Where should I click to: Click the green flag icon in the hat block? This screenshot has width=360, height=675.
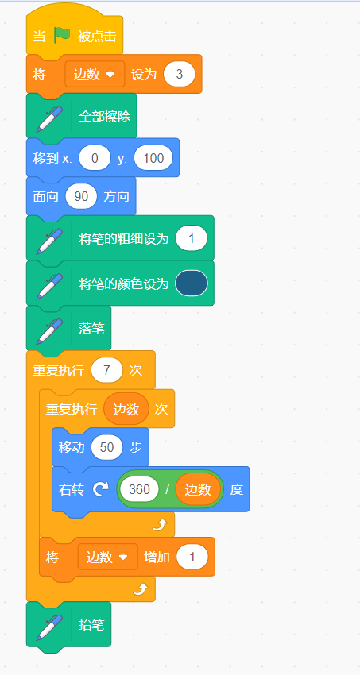[62, 35]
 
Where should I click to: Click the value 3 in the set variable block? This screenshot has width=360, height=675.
[179, 74]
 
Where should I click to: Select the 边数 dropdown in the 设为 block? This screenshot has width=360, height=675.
[95, 74]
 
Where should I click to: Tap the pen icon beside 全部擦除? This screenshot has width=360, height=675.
[49, 116]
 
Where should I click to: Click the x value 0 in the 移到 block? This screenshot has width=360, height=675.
[95, 158]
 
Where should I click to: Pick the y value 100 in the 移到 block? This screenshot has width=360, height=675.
[153, 158]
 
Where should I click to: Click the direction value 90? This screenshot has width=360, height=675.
[81, 196]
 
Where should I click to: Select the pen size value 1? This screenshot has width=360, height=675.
[192, 238]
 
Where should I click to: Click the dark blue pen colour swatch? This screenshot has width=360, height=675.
[192, 283]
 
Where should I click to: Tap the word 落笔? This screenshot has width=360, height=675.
[91, 329]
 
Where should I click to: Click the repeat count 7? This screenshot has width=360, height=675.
[106, 370]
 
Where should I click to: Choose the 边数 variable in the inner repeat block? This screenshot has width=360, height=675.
[126, 409]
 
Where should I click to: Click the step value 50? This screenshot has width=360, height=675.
[106, 447]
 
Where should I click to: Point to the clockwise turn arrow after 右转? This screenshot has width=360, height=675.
[100, 489]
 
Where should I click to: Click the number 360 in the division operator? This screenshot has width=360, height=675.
[139, 489]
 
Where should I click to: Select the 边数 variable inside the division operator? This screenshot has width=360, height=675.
[198, 489]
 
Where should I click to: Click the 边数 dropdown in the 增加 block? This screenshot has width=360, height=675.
[107, 557]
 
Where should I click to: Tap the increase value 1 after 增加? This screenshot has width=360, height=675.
[192, 557]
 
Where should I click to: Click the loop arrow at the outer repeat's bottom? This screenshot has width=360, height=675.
[141, 589]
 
